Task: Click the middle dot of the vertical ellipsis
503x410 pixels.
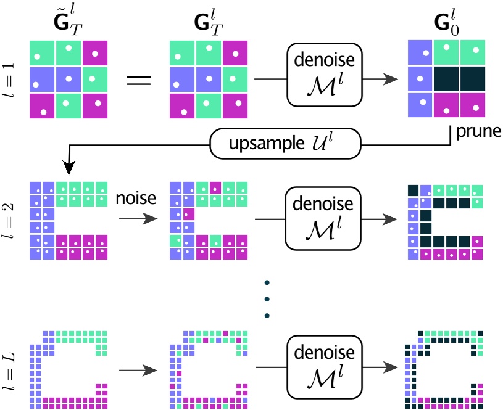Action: click(x=266, y=300)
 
